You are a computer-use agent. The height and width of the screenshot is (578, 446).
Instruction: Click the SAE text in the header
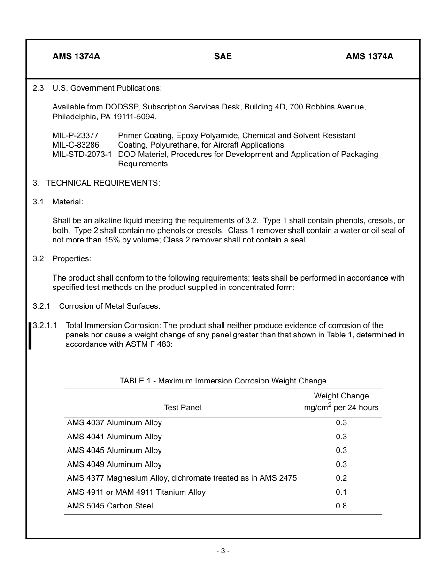point(223,56)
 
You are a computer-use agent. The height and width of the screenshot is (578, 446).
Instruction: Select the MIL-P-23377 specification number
point(76,135)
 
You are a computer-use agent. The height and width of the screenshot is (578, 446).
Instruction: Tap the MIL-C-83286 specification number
point(76,145)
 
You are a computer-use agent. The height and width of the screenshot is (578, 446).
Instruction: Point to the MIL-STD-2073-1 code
point(82,154)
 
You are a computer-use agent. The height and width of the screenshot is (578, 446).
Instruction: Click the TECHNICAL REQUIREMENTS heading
point(102,183)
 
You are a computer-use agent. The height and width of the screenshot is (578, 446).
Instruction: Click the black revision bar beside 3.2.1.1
point(30,336)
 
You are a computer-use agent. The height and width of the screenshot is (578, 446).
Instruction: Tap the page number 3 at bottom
point(223,551)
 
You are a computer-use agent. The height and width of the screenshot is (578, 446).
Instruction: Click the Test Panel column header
point(182,407)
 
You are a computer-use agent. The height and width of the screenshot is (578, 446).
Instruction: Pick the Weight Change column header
point(341,396)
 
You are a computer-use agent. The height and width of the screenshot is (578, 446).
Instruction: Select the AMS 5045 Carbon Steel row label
point(110,506)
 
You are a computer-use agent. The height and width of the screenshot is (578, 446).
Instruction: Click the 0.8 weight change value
point(341,506)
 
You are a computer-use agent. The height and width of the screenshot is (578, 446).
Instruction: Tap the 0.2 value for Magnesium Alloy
point(341,478)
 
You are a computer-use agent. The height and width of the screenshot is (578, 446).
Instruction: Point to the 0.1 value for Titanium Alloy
point(341,492)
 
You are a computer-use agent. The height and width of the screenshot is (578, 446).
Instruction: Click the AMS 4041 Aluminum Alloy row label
point(114,437)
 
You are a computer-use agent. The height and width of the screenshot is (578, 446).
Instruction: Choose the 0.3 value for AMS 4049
point(341,464)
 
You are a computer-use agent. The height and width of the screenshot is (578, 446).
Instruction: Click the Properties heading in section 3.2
point(71,258)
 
